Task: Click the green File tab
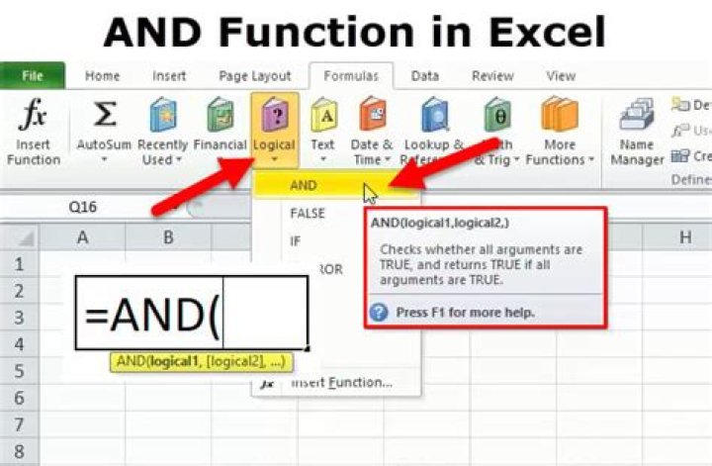pos(32,76)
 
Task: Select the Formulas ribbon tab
pos(350,76)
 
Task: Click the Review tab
pos(492,76)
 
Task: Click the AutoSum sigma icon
pos(104,116)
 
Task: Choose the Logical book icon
pos(274,117)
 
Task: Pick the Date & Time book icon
pos(372,117)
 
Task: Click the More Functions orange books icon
pos(559,117)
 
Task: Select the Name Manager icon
pos(637,117)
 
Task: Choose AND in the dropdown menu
pos(304,185)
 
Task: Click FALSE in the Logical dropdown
pos(308,213)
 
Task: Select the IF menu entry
pos(295,240)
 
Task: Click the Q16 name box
pos(84,209)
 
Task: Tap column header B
pos(169,237)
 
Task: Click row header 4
pos(19,342)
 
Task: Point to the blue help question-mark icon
pos(379,313)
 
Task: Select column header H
pos(684,237)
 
